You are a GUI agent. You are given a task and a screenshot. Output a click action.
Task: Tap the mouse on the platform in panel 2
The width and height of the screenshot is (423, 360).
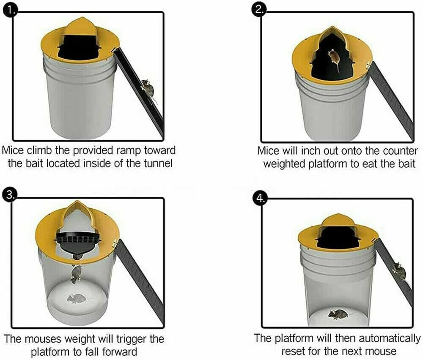click(x=333, y=57)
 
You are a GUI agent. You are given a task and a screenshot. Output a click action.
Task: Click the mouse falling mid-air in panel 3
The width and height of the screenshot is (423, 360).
click(x=77, y=273)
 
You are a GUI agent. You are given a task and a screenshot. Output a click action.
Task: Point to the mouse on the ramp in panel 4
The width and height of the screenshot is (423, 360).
click(x=398, y=269)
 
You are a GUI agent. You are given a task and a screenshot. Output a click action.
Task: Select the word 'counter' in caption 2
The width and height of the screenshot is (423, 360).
click(x=400, y=151)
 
